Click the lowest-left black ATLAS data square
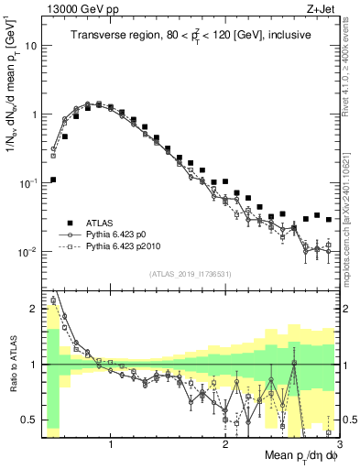pos(53,180)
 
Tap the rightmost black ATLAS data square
pos(328,220)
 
